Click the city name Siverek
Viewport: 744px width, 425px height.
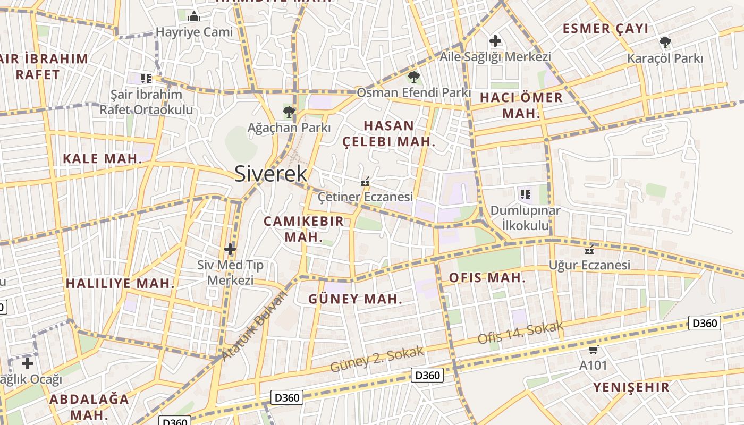270,174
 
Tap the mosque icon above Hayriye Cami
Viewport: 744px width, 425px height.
194,16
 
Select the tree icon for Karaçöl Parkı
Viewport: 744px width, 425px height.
664,42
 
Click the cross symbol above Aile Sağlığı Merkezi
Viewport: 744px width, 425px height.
495,40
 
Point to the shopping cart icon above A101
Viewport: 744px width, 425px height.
593,350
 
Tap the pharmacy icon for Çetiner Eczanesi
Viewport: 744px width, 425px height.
365,182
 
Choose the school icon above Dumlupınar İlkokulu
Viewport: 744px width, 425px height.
525,194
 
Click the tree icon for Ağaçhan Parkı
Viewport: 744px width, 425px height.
289,112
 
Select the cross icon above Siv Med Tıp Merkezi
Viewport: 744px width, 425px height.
230,249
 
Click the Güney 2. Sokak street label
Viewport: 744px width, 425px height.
377,359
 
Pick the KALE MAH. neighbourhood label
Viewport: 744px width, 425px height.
103,158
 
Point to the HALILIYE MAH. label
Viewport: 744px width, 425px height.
120,283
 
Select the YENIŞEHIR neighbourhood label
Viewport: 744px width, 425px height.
631,387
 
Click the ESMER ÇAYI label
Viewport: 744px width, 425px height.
606,29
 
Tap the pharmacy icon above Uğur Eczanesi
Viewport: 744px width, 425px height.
589,249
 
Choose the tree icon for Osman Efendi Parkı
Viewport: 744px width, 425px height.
413,77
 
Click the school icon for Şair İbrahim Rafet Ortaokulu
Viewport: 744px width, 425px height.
146,79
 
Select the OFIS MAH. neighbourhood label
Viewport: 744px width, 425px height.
487,277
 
